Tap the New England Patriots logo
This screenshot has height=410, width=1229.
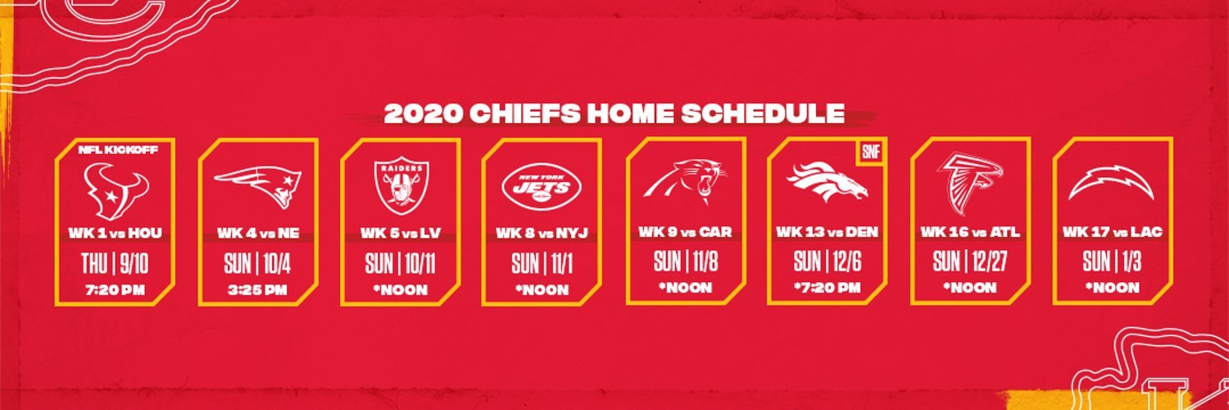click(x=258, y=187)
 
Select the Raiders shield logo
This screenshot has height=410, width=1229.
click(x=401, y=185)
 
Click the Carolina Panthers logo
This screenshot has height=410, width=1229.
click(x=686, y=181)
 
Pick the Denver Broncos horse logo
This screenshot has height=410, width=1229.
click(x=828, y=181)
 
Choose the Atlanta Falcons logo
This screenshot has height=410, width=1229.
click(x=969, y=183)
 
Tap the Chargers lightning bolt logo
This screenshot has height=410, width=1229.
click(x=1112, y=184)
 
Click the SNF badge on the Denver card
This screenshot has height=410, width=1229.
click(x=871, y=152)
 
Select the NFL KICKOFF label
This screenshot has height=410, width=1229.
click(x=118, y=150)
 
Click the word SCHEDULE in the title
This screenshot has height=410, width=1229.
click(x=763, y=114)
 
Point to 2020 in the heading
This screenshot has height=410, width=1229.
click(x=423, y=114)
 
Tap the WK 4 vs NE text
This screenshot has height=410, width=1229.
click(x=258, y=233)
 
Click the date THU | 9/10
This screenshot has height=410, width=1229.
click(x=115, y=264)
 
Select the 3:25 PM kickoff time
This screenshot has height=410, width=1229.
click(x=257, y=289)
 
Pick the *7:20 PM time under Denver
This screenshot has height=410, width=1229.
click(x=828, y=288)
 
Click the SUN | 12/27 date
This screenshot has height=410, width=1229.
click(x=970, y=262)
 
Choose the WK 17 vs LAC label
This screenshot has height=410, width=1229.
click(x=1112, y=231)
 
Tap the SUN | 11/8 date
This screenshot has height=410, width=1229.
click(x=686, y=262)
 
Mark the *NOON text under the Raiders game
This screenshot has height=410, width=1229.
click(x=401, y=289)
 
